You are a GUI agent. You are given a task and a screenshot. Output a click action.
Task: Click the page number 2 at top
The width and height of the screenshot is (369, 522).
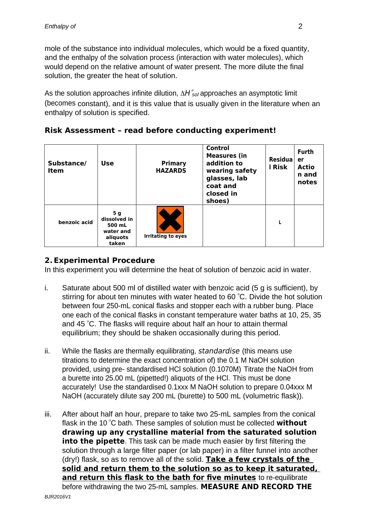(x=300, y=26)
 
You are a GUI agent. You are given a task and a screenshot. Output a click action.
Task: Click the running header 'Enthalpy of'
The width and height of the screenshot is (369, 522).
(x=60, y=26)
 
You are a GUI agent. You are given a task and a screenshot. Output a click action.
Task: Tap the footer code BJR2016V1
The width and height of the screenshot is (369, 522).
(x=58, y=497)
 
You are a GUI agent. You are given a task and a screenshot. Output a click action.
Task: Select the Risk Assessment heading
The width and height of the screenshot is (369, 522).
(x=160, y=131)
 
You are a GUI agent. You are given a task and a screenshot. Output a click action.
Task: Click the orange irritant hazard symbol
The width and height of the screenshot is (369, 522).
(x=170, y=220)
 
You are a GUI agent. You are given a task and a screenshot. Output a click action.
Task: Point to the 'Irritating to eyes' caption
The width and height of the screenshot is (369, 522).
(x=165, y=236)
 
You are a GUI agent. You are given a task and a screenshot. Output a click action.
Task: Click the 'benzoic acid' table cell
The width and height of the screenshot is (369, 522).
(x=76, y=222)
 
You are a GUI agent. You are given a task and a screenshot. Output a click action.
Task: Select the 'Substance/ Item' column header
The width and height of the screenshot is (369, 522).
(x=67, y=167)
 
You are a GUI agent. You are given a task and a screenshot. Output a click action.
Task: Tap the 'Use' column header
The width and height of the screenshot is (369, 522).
(x=107, y=163)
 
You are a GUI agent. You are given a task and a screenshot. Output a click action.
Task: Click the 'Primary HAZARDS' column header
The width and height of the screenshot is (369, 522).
(x=171, y=167)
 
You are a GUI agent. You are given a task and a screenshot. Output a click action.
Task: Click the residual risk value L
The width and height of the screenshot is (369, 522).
(x=280, y=223)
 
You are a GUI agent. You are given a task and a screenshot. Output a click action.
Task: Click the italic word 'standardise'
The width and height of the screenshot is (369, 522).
(x=219, y=351)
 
